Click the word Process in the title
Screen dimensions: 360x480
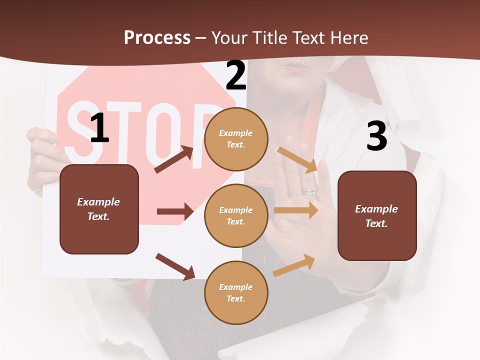[x=157, y=38]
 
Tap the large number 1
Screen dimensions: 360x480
[x=99, y=128]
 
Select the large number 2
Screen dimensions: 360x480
[x=236, y=76]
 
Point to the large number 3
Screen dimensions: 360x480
[x=376, y=136]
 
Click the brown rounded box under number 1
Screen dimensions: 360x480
[x=99, y=209]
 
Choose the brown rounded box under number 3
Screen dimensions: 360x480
[x=377, y=215]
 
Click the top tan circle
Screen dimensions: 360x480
[x=236, y=139]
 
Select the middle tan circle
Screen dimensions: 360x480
[x=236, y=215]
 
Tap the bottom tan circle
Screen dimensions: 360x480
[x=236, y=292]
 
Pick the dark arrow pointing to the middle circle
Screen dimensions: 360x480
[x=175, y=211]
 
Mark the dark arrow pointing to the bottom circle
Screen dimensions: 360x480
[x=175, y=266]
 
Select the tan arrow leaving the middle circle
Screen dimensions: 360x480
[x=296, y=210]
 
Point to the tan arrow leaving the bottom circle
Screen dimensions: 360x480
[x=294, y=265]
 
